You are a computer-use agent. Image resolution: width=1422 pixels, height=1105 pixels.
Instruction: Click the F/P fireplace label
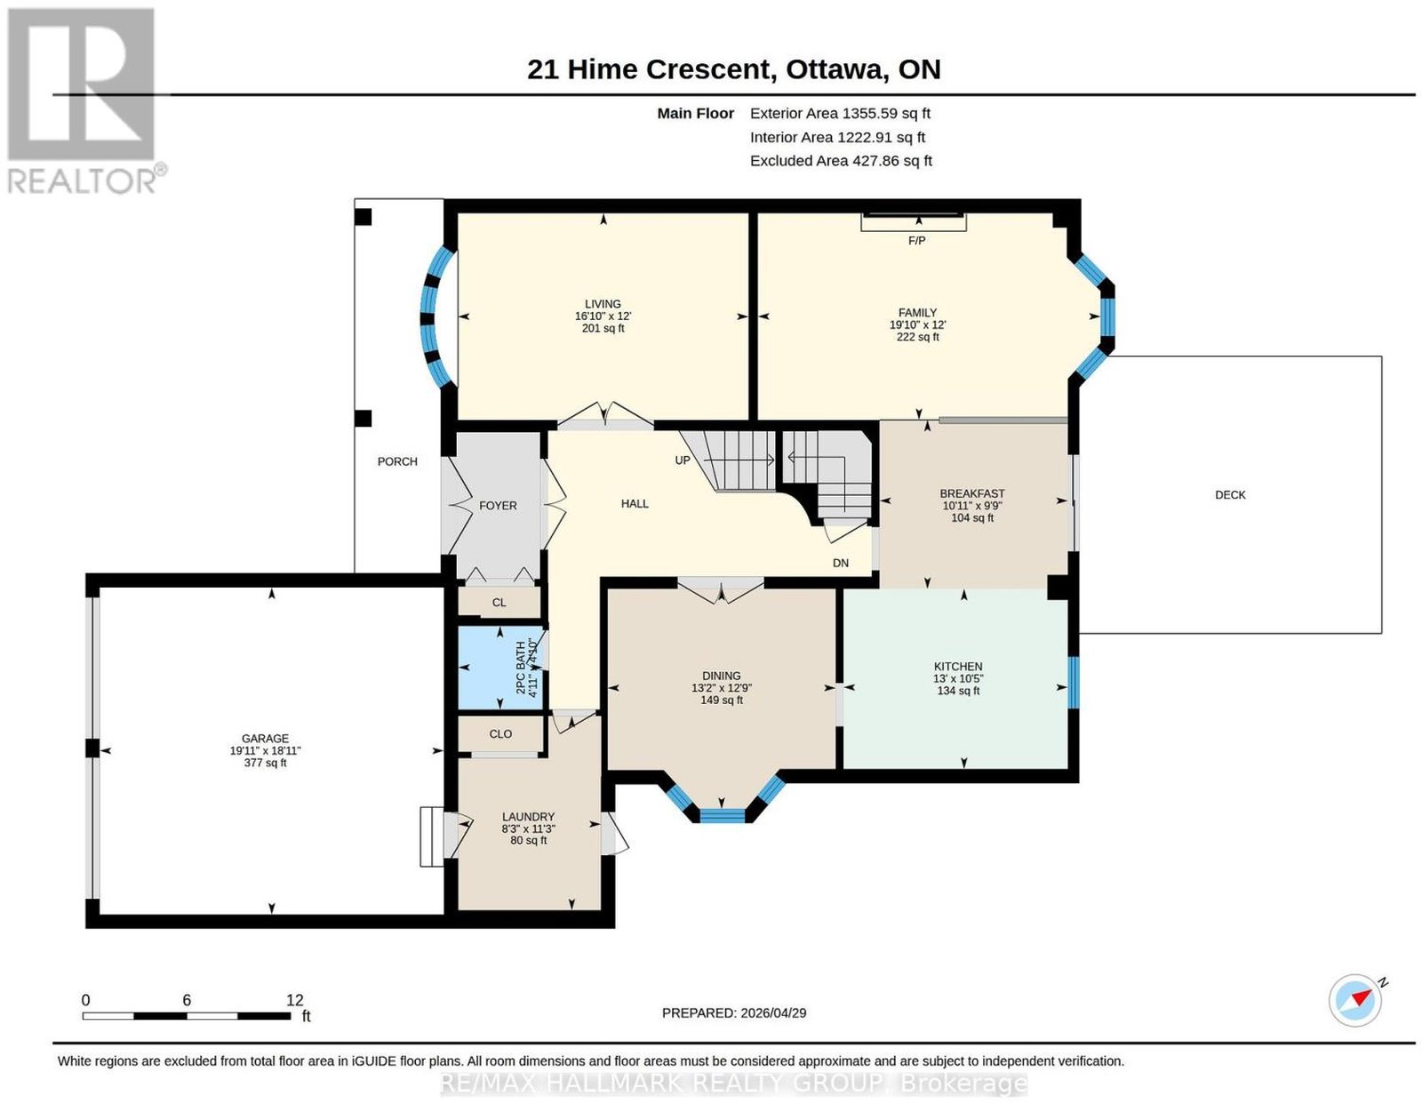[916, 241]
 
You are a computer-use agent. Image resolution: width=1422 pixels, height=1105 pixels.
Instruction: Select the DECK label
[1230, 494]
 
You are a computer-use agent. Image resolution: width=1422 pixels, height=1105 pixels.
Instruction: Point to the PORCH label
[397, 461]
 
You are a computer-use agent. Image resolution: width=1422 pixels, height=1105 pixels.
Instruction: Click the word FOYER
[498, 506]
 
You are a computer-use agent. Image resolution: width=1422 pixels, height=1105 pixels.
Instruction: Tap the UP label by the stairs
[683, 460]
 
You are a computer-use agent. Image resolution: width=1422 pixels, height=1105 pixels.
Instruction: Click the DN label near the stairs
[840, 563]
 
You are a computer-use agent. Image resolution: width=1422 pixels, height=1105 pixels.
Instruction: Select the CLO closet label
[500, 734]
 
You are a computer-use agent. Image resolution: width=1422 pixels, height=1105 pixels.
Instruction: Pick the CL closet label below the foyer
[499, 603]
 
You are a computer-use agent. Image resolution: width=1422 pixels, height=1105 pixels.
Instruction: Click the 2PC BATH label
[521, 668]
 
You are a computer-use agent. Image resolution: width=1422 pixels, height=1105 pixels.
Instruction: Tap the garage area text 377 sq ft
[265, 763]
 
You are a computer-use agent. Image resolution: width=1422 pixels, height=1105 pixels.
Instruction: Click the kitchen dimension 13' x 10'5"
[958, 678]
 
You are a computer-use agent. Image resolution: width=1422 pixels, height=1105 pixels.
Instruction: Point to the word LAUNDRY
[528, 816]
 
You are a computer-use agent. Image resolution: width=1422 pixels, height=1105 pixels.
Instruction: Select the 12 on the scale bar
[295, 1000]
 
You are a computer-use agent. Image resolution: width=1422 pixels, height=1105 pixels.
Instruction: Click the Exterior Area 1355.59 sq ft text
[840, 113]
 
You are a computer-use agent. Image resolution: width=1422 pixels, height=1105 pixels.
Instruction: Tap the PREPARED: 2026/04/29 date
[733, 1013]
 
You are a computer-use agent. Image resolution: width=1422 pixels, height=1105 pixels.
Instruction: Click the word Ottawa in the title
[835, 69]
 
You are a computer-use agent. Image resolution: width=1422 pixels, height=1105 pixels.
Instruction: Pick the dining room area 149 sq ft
[721, 700]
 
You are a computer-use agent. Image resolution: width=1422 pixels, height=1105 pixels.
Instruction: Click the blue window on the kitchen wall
[1074, 683]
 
